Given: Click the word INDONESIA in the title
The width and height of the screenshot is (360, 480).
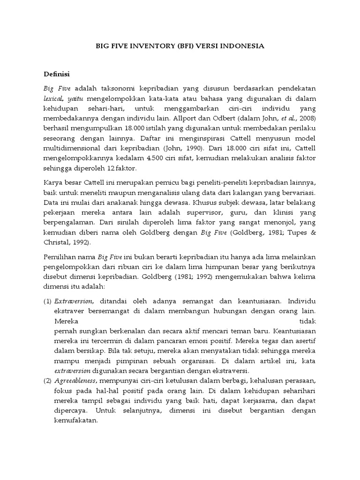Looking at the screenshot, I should click(243, 46).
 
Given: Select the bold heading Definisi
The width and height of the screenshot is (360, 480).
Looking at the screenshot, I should click(56, 74).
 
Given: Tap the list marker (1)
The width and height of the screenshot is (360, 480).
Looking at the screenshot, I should click(47, 300).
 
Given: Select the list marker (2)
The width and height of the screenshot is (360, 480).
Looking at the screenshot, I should click(47, 380).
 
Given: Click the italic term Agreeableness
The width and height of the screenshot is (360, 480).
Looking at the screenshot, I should click(76, 380).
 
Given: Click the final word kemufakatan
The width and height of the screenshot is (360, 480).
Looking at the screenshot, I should click(75, 420).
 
